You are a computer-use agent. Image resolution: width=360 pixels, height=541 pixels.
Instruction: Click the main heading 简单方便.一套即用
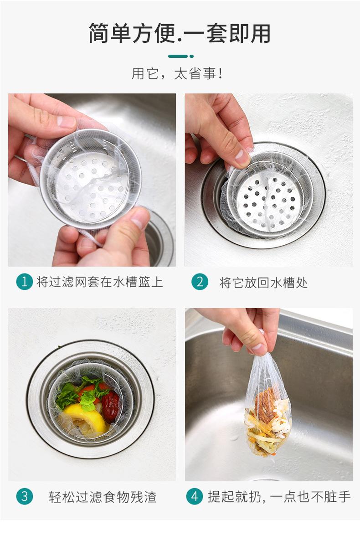pos(180,33)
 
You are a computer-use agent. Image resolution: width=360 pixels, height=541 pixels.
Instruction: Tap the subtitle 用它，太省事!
pos(177,73)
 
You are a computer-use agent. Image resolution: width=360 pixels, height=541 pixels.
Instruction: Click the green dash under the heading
pos(181,56)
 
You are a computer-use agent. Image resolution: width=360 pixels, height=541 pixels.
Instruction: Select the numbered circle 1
pos(25,282)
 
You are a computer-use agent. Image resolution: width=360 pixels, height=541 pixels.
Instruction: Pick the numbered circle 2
pos(200,282)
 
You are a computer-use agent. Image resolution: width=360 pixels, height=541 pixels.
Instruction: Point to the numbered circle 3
pos(25,496)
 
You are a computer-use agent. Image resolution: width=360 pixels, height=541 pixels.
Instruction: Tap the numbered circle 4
pos(195,496)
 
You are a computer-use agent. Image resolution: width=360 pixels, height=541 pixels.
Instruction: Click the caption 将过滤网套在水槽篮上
pos(100,282)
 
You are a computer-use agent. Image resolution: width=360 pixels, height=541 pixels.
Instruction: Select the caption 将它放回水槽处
pos(263,283)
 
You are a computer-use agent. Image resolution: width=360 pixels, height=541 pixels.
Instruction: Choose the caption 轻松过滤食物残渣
pos(103,497)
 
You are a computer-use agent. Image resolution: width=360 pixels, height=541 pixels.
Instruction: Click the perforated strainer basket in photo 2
pos(269,198)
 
